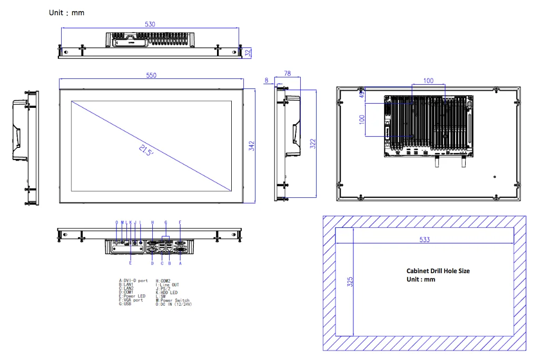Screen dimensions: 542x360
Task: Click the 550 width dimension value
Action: (x=151, y=76)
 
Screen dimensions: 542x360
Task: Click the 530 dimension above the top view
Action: (x=150, y=24)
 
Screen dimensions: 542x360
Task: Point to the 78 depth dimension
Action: (x=288, y=73)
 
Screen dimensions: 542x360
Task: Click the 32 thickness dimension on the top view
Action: (x=248, y=52)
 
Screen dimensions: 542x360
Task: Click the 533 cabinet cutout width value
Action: (x=425, y=239)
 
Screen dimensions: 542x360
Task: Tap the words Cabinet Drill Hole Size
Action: (x=438, y=271)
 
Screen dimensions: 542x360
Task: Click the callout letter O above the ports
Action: (x=117, y=223)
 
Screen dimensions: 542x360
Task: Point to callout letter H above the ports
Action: (x=152, y=223)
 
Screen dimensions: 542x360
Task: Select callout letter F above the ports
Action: (x=180, y=223)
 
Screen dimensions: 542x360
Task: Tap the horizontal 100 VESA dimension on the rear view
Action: (x=428, y=81)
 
